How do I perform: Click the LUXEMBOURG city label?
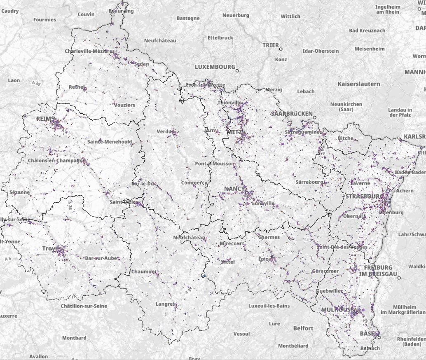click(215, 67)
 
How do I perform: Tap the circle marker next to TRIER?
click(281, 49)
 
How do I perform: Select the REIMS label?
click(45, 119)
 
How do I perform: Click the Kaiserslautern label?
click(358, 84)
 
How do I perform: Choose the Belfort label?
click(303, 328)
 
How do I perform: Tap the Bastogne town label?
click(188, 18)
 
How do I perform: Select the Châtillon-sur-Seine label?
click(84, 306)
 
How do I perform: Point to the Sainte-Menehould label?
click(110, 142)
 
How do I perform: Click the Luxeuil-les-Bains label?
click(269, 306)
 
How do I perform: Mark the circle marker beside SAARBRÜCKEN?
click(315, 117)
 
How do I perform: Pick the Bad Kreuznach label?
click(367, 30)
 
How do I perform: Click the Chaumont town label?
click(144, 271)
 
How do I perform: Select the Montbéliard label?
click(293, 346)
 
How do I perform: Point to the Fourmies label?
click(44, 19)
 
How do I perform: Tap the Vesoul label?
click(241, 333)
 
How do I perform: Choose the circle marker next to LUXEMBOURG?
click(237, 70)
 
